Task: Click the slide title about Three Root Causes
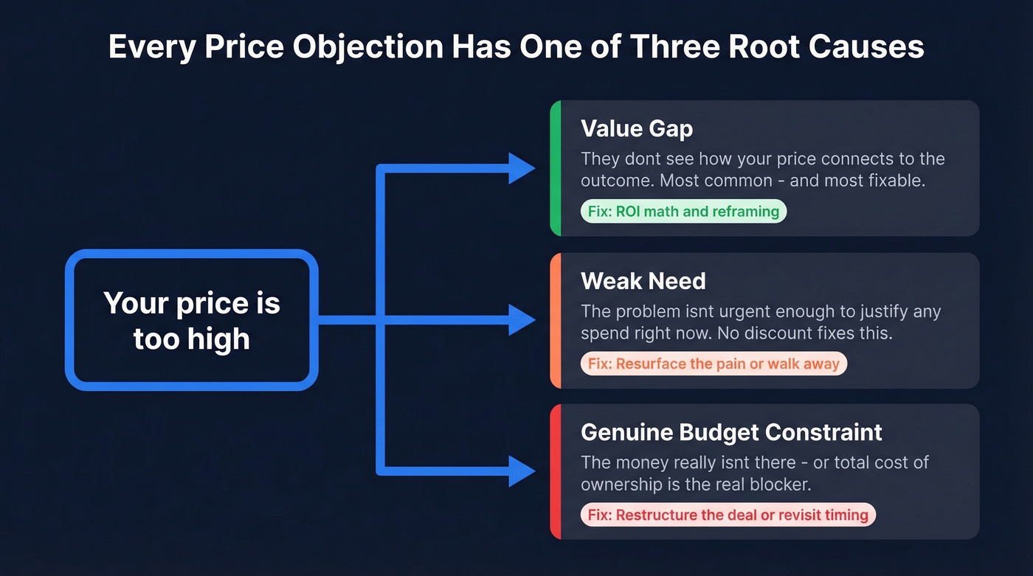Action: click(516, 46)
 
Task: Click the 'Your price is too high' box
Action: click(192, 320)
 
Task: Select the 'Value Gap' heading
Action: click(637, 128)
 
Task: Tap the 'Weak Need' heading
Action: click(643, 281)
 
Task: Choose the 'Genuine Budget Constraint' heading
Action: click(731, 432)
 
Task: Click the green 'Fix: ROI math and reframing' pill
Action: click(683, 212)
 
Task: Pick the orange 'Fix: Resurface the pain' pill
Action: click(713, 364)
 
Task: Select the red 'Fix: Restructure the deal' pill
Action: click(728, 515)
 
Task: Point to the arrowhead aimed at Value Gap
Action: click(522, 169)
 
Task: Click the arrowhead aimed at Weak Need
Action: click(522, 320)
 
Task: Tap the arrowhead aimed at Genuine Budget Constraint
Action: click(522, 471)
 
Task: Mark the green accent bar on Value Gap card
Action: click(556, 168)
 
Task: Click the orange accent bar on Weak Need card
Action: click(556, 320)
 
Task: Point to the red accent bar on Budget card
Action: click(556, 471)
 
